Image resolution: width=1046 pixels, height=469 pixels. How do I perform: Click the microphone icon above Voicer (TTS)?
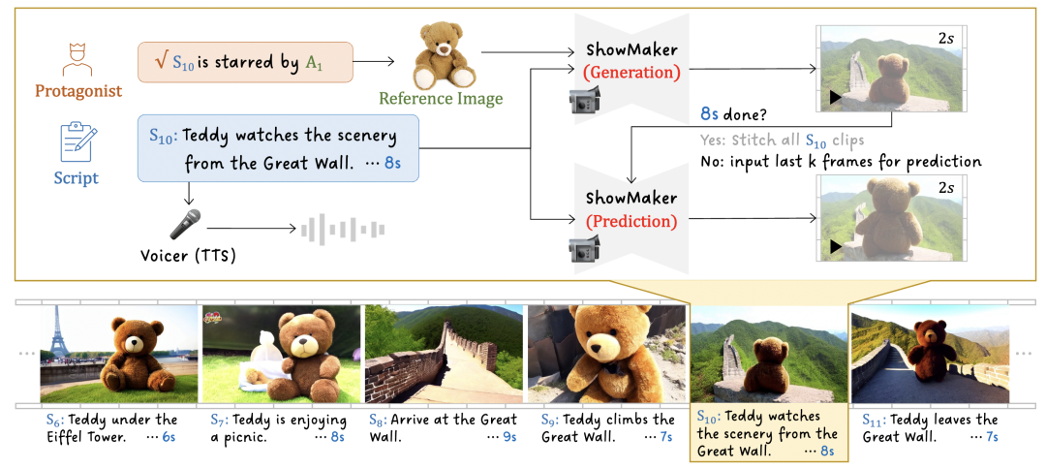pos(185,224)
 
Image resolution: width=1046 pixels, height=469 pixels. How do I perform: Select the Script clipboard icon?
pos(78,142)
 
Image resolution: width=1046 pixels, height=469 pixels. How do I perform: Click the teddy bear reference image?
pos(445,57)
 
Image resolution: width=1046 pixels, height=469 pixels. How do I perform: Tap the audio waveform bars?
pos(343,230)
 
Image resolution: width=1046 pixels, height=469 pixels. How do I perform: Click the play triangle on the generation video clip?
pos(832,97)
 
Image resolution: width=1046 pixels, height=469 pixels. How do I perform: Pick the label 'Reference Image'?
pos(441,98)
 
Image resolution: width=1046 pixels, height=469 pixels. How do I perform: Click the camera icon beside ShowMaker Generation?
pos(585,98)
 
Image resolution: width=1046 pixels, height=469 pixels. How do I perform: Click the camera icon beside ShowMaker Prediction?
pos(585,248)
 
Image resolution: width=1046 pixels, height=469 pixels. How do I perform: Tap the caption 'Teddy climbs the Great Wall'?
pos(607,428)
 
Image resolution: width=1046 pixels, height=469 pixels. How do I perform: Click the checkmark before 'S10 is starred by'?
pos(162,63)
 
